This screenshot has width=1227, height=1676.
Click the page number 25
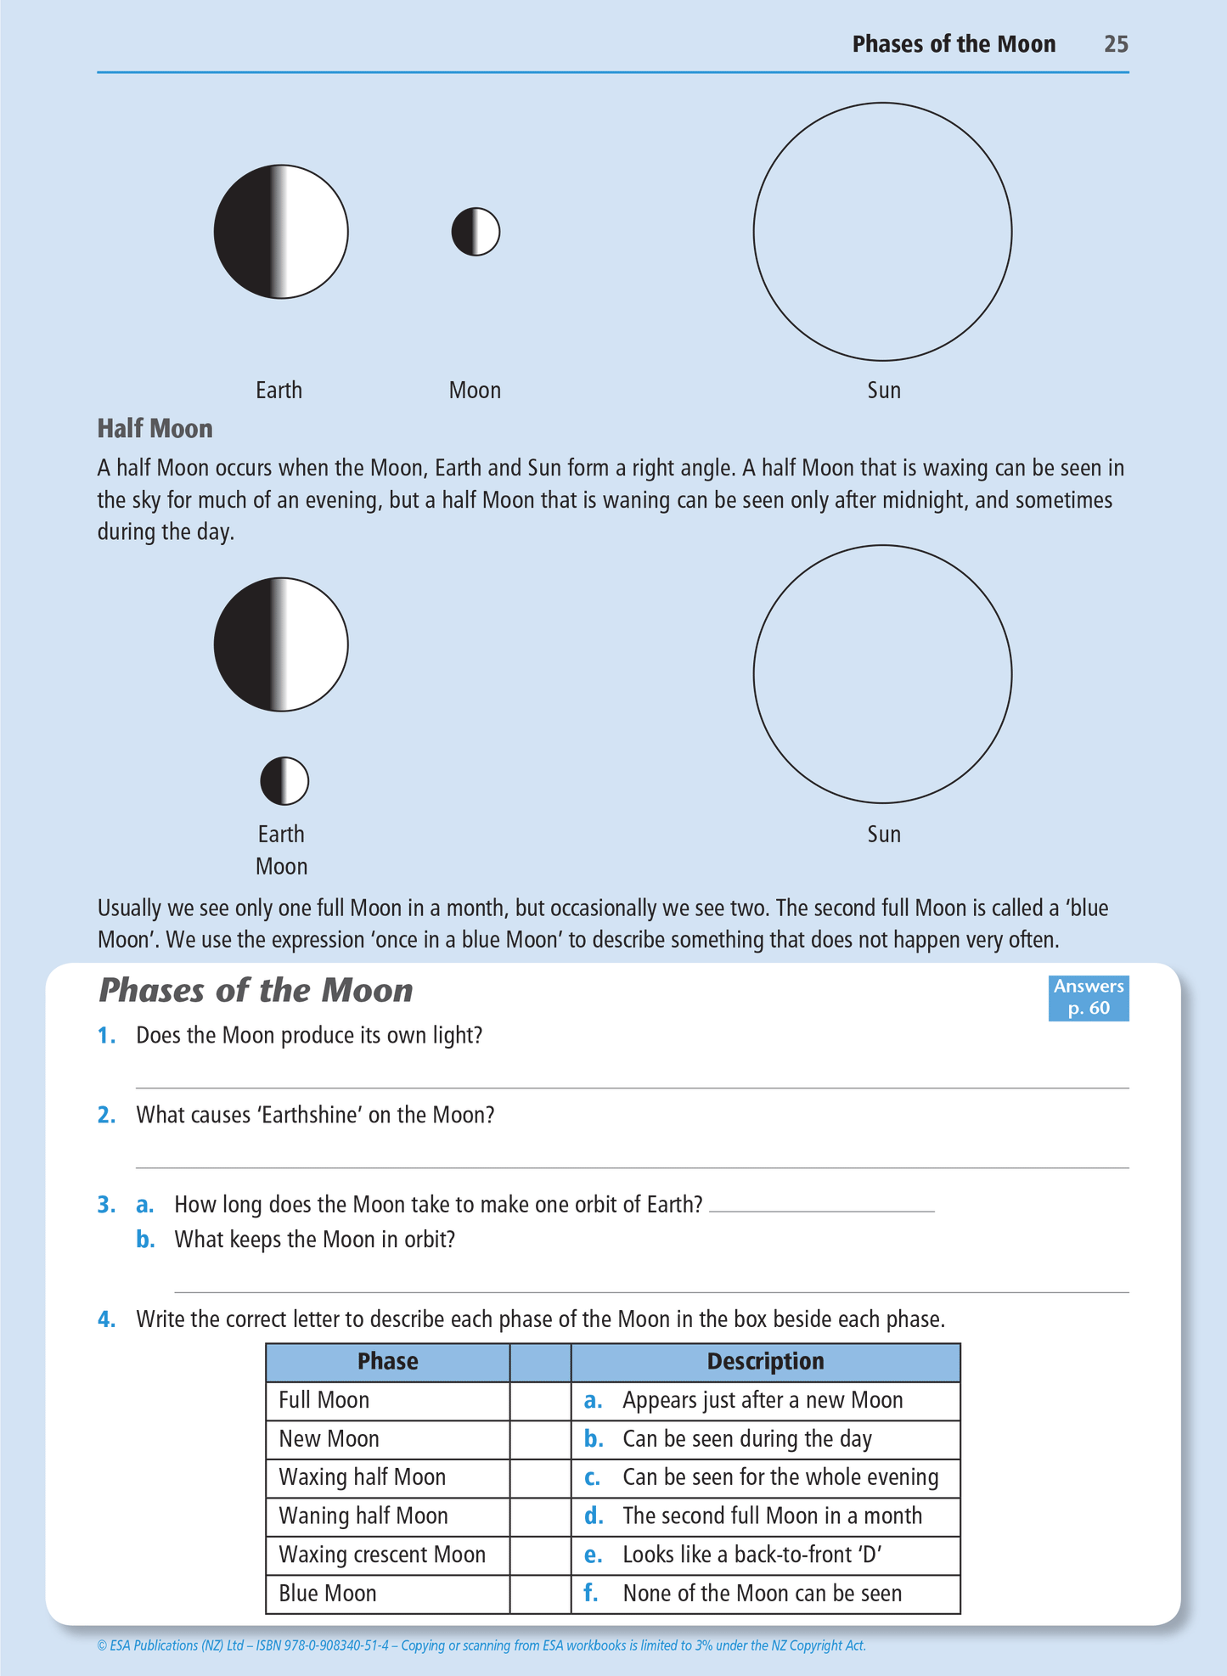(1116, 44)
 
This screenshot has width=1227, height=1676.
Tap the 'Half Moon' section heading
(155, 429)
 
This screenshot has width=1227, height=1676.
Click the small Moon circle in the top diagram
(476, 232)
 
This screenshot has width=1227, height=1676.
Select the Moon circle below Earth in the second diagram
(284, 781)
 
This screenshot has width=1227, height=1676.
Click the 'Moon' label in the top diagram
(475, 391)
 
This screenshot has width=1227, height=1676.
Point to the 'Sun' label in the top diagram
(883, 391)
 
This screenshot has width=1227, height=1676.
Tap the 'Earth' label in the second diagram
(281, 834)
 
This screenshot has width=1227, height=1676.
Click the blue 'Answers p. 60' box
(1088, 998)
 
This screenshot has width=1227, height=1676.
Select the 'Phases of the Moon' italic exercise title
(256, 991)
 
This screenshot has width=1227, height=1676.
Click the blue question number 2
(106, 1115)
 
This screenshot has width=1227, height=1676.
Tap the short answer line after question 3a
(821, 1209)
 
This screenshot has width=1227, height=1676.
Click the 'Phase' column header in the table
(387, 1362)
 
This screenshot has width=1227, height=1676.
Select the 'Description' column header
(765, 1362)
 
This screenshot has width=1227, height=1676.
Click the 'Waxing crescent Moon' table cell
(382, 1555)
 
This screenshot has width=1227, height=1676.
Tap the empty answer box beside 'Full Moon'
(540, 1400)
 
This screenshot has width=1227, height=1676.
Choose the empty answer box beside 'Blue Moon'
(540, 1594)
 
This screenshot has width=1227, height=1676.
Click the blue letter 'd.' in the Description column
(593, 1516)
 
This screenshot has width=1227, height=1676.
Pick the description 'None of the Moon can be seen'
(762, 1594)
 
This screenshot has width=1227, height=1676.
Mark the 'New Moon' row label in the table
(329, 1439)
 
